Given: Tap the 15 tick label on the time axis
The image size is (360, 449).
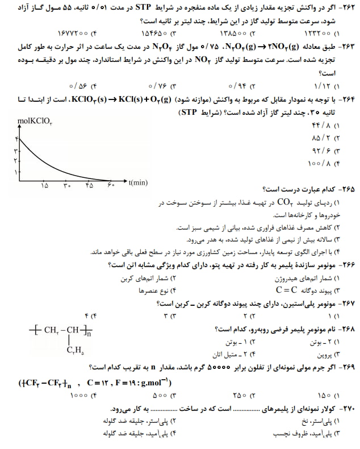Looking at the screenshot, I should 44,185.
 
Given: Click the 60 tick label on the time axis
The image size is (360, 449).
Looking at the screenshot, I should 110,185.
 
